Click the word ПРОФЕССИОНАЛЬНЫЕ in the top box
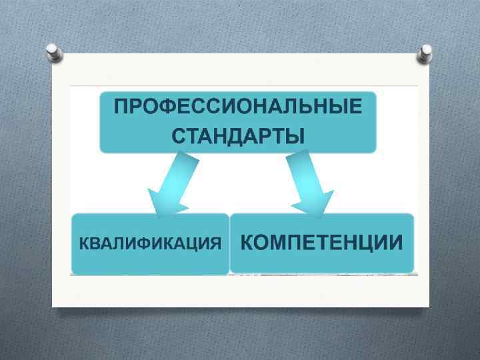[239, 107]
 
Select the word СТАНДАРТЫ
[238, 136]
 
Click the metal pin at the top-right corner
[425, 53]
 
